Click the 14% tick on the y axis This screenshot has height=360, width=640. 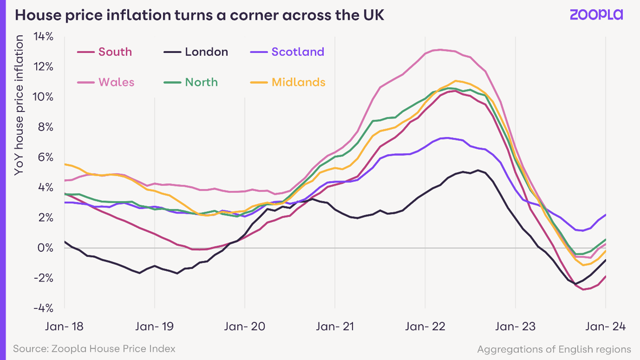coord(43,37)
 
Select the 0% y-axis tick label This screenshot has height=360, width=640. coord(45,248)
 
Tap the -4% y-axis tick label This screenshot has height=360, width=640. coord(43,309)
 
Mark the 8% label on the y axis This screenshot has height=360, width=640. coord(45,127)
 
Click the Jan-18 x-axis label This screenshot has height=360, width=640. coord(64,327)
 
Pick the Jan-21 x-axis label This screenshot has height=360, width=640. coord(335,327)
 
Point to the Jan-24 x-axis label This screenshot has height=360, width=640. coord(605,327)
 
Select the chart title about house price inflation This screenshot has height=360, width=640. coord(200,15)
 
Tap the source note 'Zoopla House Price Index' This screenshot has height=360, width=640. coord(94,348)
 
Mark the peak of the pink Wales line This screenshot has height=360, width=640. coord(439,50)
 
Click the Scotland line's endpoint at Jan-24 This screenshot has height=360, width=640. coord(605,215)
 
